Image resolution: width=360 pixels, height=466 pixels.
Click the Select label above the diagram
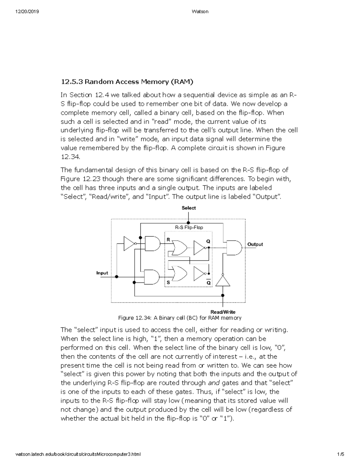coord(188,208)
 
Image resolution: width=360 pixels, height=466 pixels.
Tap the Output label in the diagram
coord(255,244)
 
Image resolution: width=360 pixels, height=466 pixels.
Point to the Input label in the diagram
coord(102,273)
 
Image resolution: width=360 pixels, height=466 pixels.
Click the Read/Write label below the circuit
coord(223,312)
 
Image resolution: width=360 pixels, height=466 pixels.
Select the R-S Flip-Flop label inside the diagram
coord(189,227)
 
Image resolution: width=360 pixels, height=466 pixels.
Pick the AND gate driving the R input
coord(152,243)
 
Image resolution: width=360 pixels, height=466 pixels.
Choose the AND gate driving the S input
coord(152,277)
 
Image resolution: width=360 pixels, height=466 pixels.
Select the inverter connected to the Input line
coord(129,243)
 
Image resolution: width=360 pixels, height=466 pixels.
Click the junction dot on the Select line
coord(188,223)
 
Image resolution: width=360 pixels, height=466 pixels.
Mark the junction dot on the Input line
coord(117,277)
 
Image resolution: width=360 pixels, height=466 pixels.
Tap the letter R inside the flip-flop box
coord(168,240)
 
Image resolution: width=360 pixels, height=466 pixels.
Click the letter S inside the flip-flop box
coord(168,282)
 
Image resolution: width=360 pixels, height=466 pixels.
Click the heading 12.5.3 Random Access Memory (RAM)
coord(127,82)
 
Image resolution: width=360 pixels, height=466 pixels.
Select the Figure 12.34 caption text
coord(180,318)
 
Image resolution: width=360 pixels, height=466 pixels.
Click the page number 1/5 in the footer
coord(340,454)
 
